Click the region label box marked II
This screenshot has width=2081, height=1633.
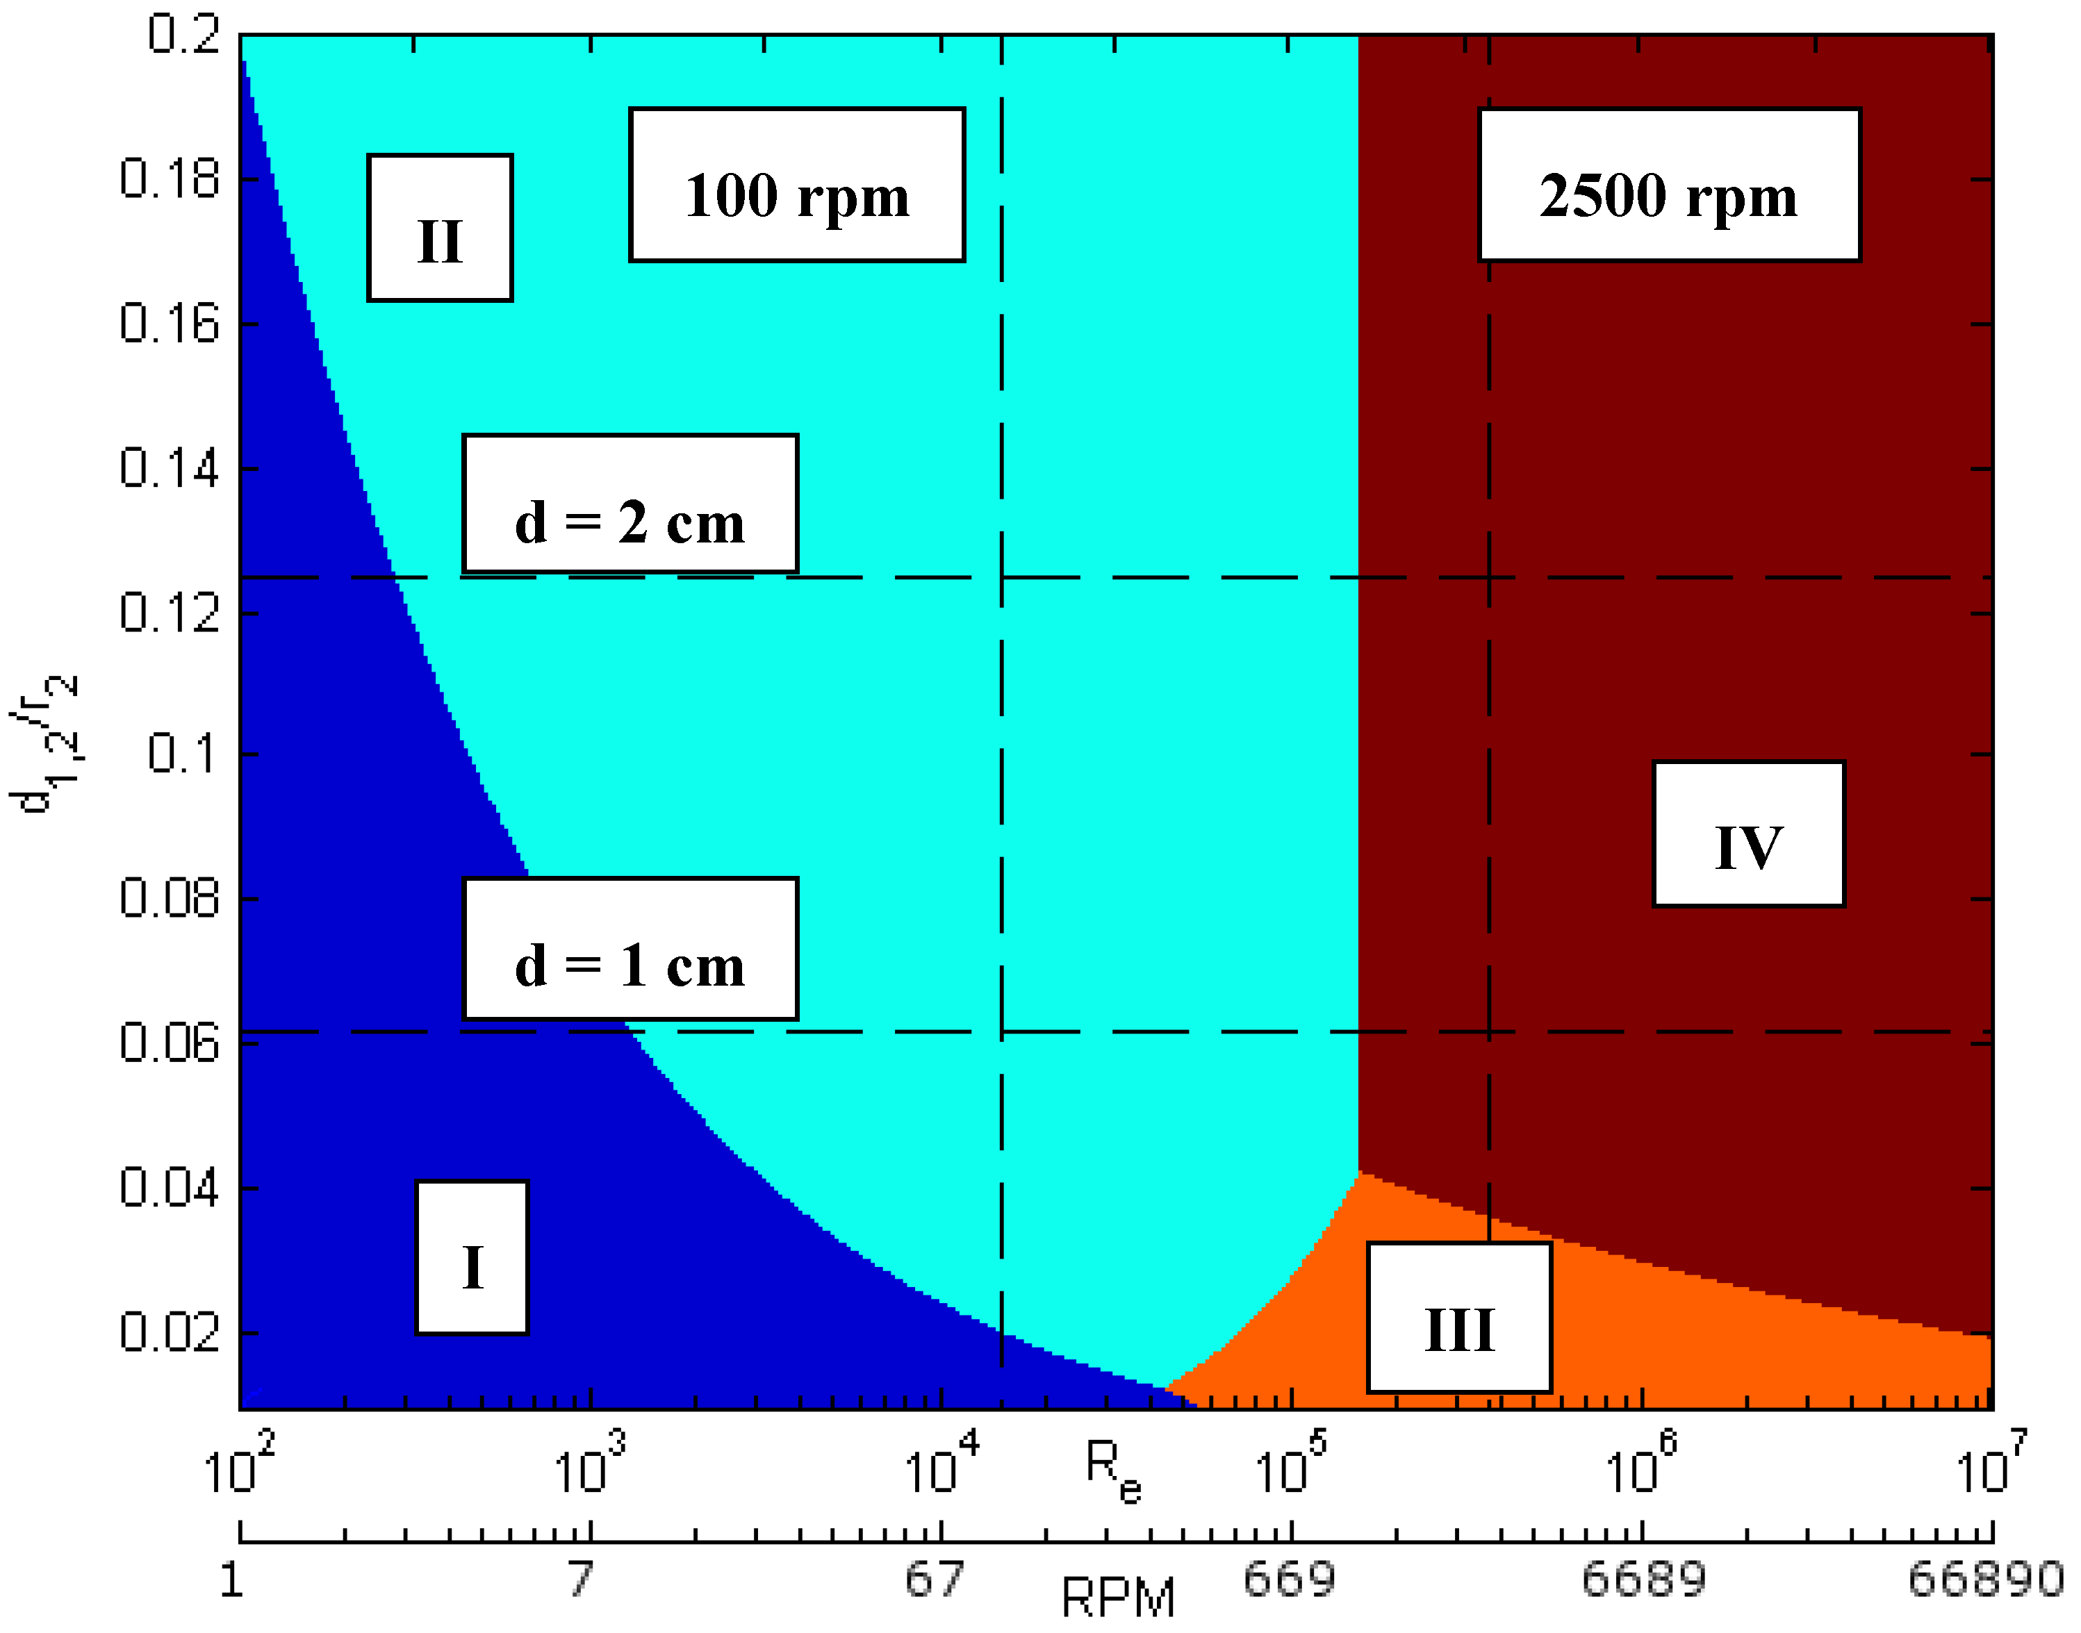coord(440,228)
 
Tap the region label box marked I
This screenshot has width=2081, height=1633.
coord(472,1257)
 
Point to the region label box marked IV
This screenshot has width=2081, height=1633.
coord(1749,834)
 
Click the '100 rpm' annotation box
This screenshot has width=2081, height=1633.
coord(798,185)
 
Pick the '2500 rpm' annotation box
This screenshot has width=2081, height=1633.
coord(1670,185)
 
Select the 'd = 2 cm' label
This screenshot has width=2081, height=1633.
coord(630,504)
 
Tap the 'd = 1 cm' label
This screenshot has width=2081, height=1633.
coord(630,948)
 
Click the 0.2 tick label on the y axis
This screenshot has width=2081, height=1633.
coord(183,36)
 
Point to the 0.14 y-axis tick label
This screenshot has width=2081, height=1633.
coord(170,468)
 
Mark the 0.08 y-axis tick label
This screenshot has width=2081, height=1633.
coord(170,899)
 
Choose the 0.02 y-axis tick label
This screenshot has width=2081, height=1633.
coord(170,1332)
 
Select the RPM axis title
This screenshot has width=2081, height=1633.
coord(1118,1597)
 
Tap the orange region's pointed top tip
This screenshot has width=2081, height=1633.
coord(1359,1173)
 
